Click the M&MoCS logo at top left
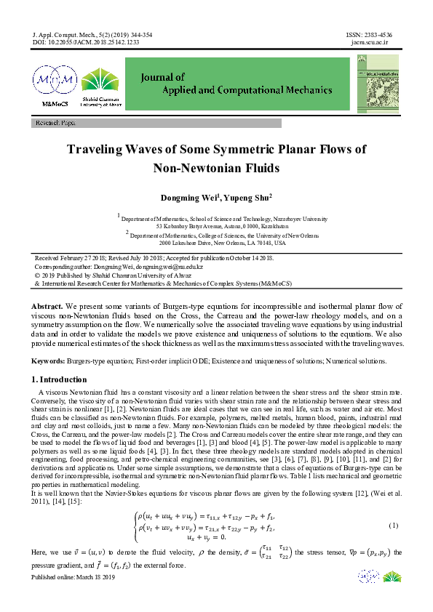point(55,86)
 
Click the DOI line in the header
point(86,43)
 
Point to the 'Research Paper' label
point(55,124)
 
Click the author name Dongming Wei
point(188,198)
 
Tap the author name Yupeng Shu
point(247,198)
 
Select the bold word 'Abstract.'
point(48,307)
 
